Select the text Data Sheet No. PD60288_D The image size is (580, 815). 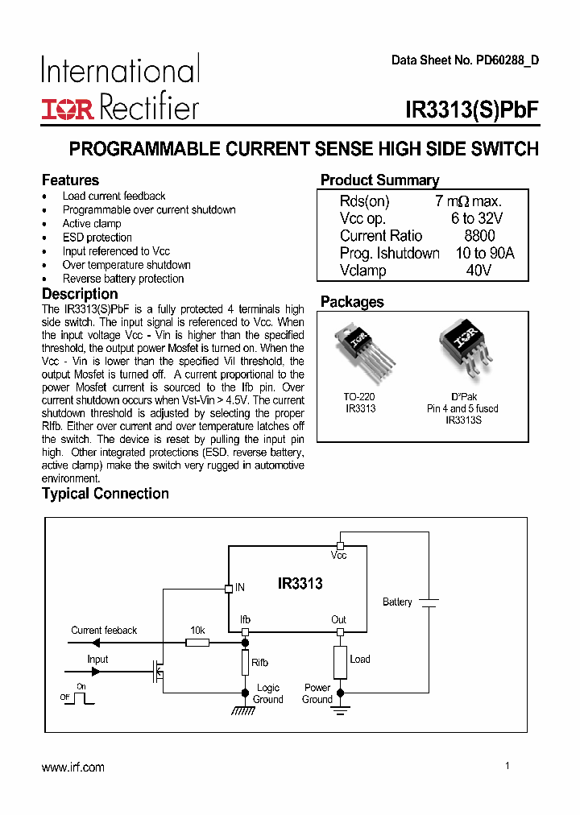coord(465,60)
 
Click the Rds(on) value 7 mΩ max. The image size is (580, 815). coord(468,201)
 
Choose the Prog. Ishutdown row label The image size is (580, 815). coord(389,254)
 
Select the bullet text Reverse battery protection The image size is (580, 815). coord(123,279)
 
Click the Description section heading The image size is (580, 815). coord(80,294)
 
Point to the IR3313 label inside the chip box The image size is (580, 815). coord(300,584)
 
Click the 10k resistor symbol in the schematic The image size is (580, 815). coord(197,643)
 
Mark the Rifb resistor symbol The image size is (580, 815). coord(245,663)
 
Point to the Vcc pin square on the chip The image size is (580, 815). coord(340,545)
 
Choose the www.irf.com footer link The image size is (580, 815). coord(73,767)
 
